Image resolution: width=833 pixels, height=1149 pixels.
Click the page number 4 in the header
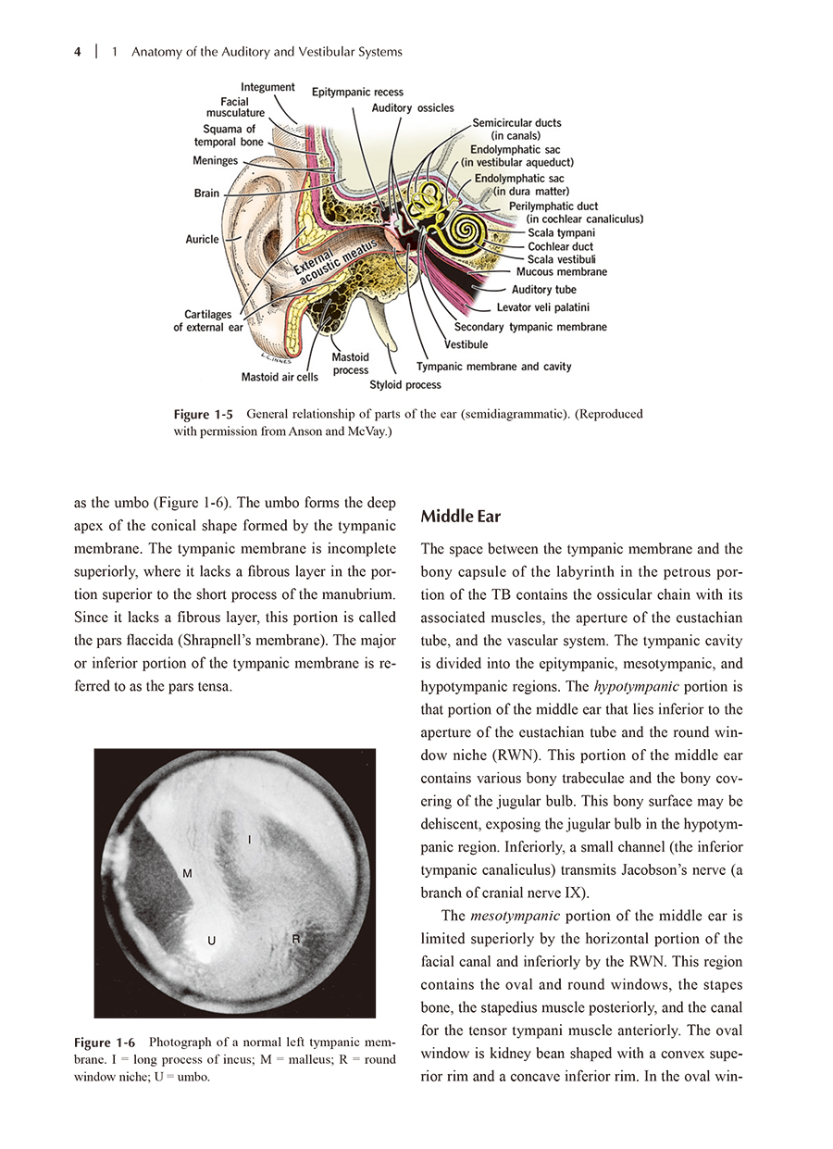pos(78,53)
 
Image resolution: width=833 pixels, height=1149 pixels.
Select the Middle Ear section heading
pos(460,515)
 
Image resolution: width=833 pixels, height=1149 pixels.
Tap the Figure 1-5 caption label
pos(203,415)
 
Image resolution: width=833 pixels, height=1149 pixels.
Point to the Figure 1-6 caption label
pos(105,1042)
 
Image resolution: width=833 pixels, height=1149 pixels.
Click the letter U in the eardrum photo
pos(212,941)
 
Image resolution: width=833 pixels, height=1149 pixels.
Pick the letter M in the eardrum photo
pos(187,873)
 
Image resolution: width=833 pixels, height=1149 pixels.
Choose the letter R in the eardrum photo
pos(296,938)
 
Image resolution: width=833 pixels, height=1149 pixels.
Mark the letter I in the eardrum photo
pos(250,839)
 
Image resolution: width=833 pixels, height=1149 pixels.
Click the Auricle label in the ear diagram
pos(203,239)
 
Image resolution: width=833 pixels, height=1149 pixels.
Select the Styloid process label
pos(405,384)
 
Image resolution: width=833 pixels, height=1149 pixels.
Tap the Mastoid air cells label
pos(280,377)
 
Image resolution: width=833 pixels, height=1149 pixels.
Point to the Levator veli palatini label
pos(542,307)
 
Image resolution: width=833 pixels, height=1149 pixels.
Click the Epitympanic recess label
pos(357,93)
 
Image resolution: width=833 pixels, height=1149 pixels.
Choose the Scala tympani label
pos(561,233)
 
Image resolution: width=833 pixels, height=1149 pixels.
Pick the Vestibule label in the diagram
pos(466,344)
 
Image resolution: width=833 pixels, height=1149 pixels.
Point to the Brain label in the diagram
pos(206,194)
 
